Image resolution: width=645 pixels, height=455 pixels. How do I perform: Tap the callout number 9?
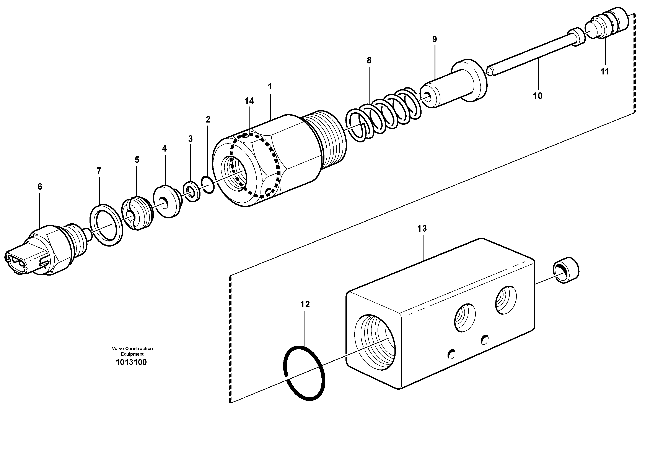(x=435, y=39)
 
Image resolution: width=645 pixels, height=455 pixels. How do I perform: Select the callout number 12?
(x=305, y=304)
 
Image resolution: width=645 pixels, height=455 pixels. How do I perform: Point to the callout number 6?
(x=40, y=187)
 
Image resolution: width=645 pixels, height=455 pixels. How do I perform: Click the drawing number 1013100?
(x=131, y=362)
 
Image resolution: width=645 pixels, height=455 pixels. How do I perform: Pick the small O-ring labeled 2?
(x=208, y=185)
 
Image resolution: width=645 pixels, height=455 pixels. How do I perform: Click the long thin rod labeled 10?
(x=528, y=55)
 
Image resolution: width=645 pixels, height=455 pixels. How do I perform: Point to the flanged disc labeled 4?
(x=167, y=201)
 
